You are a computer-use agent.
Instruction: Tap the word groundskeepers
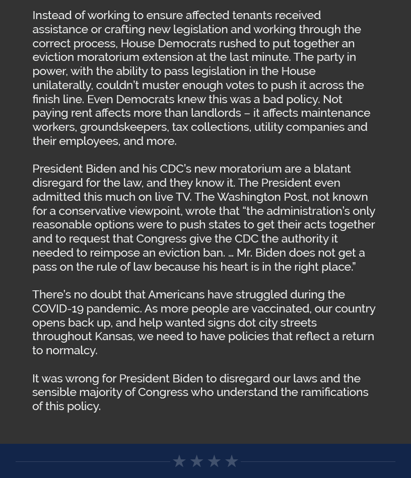coord(123,127)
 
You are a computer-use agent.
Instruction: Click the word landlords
coord(216,113)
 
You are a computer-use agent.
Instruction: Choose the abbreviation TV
coord(182,197)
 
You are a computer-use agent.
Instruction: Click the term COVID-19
coord(58,308)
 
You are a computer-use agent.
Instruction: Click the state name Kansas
coord(114,336)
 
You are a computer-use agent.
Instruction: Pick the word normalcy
coord(71,350)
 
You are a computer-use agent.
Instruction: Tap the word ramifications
coord(334,392)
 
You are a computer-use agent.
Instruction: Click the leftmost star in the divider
coord(179,461)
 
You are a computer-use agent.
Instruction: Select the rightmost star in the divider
coord(232,461)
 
